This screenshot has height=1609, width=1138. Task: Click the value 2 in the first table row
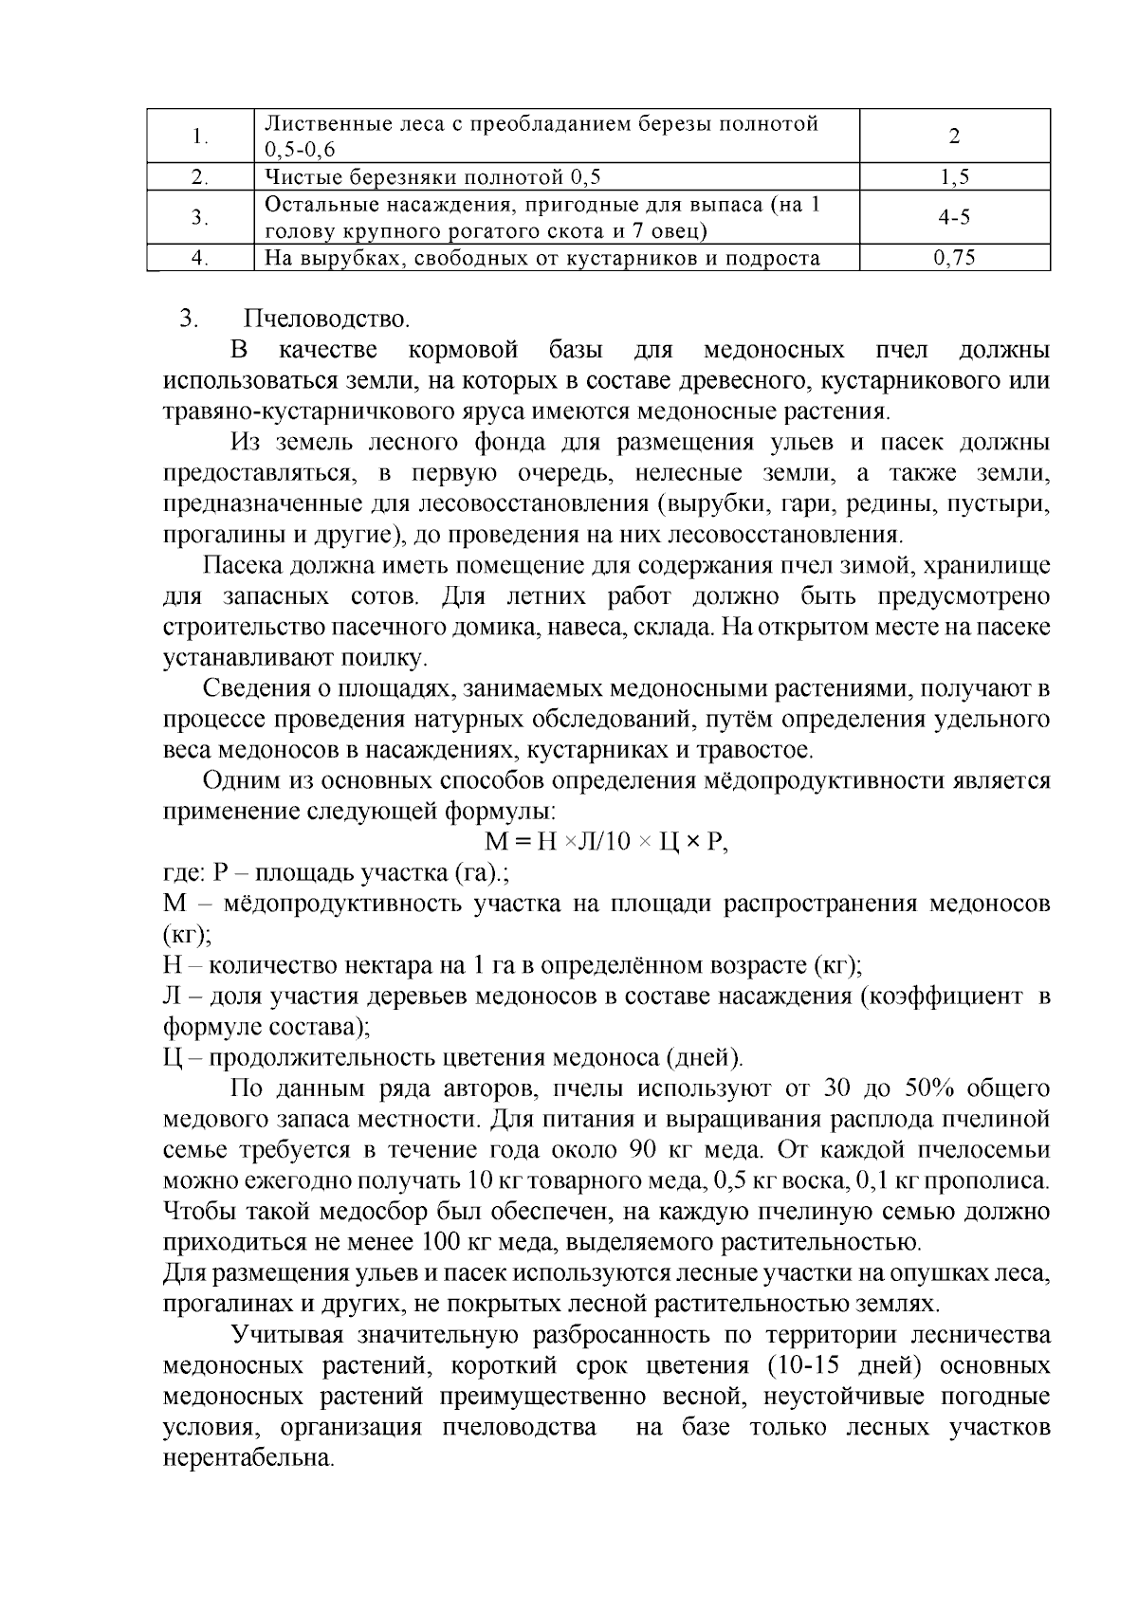(x=954, y=136)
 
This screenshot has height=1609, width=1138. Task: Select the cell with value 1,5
(x=954, y=177)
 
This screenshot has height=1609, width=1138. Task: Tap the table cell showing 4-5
(x=954, y=218)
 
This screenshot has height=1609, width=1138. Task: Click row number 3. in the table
(x=199, y=218)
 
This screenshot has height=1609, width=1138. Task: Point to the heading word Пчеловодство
(x=327, y=319)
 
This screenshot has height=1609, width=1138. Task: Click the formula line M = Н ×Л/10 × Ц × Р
(x=606, y=842)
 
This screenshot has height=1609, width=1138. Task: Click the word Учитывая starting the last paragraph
(x=288, y=1335)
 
